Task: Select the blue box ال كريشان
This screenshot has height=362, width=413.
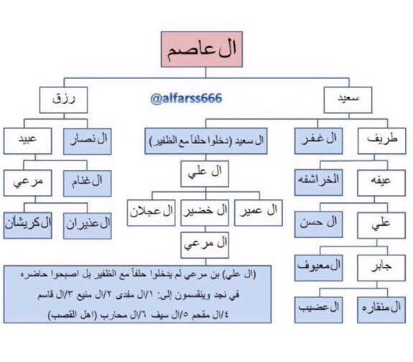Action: tap(26, 224)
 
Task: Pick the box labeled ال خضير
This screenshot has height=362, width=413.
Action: tap(205, 211)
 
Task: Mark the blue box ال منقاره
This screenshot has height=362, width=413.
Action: tap(381, 309)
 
